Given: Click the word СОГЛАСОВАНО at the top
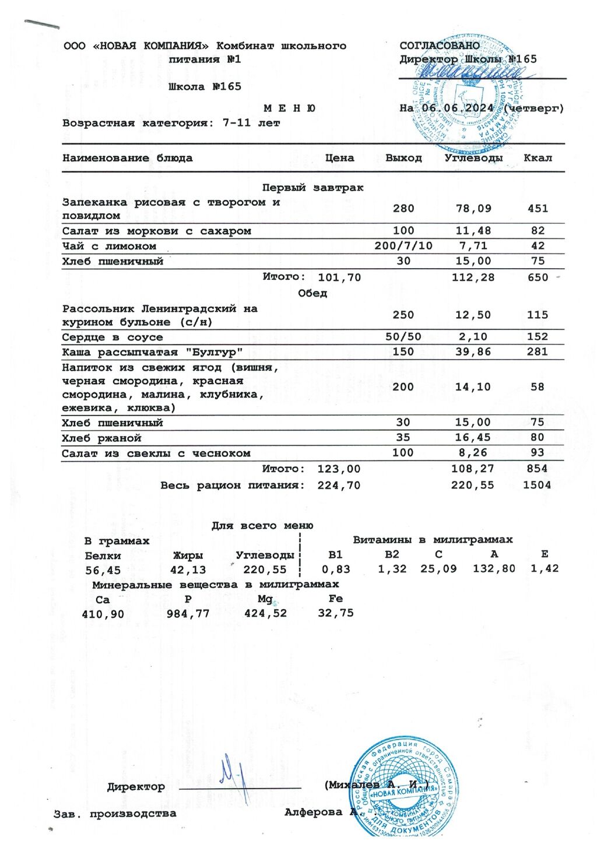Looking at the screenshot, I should pyautogui.click(x=440, y=45).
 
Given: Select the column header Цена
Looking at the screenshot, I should pyautogui.click(x=339, y=158).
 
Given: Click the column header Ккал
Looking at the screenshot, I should pyautogui.click(x=538, y=158).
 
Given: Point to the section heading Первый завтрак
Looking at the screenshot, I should pyautogui.click(x=312, y=188).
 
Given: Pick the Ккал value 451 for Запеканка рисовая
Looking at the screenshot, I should pyautogui.click(x=538, y=209).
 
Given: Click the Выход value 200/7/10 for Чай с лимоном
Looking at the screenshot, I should pyautogui.click(x=403, y=246).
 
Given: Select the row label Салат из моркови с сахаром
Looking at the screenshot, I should pyautogui.click(x=157, y=231).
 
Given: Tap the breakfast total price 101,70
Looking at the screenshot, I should pyautogui.click(x=339, y=277).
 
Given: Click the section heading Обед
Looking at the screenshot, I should pyautogui.click(x=312, y=293).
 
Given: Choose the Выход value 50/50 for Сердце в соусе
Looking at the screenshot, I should pyautogui.click(x=403, y=337).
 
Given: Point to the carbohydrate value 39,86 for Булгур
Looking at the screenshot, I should pyautogui.click(x=473, y=352).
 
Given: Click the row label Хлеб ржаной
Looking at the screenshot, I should pyautogui.click(x=102, y=438).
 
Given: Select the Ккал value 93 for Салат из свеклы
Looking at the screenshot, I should pyautogui.click(x=538, y=453).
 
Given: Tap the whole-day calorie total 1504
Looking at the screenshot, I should pyautogui.click(x=537, y=485).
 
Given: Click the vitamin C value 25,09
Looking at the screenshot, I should pyautogui.click(x=438, y=569).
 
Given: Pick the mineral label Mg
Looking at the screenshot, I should pyautogui.click(x=265, y=599).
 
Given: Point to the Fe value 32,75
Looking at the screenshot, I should pyautogui.click(x=336, y=613).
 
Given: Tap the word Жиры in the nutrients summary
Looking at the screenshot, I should pyautogui.click(x=188, y=555).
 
